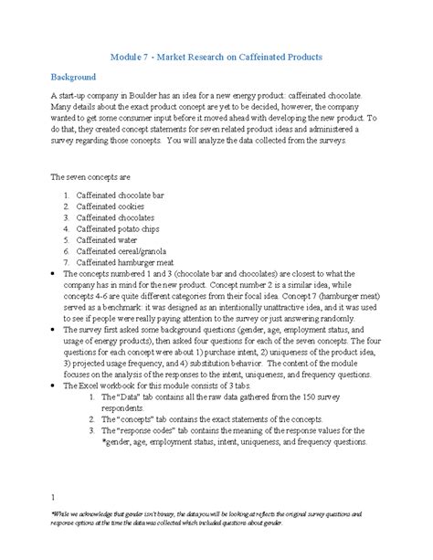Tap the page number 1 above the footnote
(54, 497)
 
